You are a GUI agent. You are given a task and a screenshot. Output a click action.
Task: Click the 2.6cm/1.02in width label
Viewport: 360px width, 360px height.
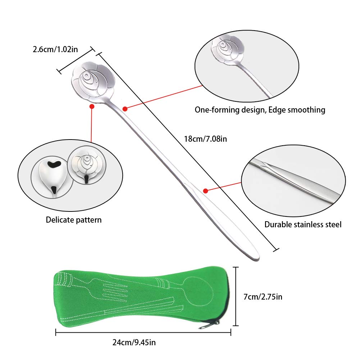click(x=55, y=49)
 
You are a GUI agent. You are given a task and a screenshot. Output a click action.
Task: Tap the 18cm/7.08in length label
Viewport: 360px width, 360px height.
click(x=205, y=139)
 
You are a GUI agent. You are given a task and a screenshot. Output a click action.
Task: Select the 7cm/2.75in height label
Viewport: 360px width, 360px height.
click(x=263, y=297)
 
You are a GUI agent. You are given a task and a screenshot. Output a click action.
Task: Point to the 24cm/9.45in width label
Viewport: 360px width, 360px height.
click(x=134, y=342)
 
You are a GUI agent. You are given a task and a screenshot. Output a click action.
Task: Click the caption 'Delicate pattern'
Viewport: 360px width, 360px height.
click(x=74, y=220)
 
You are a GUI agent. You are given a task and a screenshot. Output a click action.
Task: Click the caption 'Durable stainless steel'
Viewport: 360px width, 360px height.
click(x=303, y=224)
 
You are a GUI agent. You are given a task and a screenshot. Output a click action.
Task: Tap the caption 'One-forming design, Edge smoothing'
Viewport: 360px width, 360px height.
click(x=260, y=110)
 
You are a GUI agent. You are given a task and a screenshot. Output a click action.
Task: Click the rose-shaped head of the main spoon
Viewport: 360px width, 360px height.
click(x=93, y=80)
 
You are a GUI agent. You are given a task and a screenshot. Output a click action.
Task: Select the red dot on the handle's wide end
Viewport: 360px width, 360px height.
click(x=206, y=191)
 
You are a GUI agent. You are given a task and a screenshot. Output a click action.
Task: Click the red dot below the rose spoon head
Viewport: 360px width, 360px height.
click(x=92, y=106)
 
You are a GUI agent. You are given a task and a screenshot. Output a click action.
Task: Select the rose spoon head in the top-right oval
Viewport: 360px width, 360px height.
click(x=227, y=49)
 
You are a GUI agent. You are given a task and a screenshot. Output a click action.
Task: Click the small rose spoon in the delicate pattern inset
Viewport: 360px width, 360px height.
click(x=87, y=165)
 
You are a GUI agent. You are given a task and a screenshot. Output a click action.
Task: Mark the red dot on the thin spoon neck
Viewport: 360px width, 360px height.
click(x=125, y=109)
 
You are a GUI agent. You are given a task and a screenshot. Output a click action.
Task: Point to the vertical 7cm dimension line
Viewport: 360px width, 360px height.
click(x=236, y=296)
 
